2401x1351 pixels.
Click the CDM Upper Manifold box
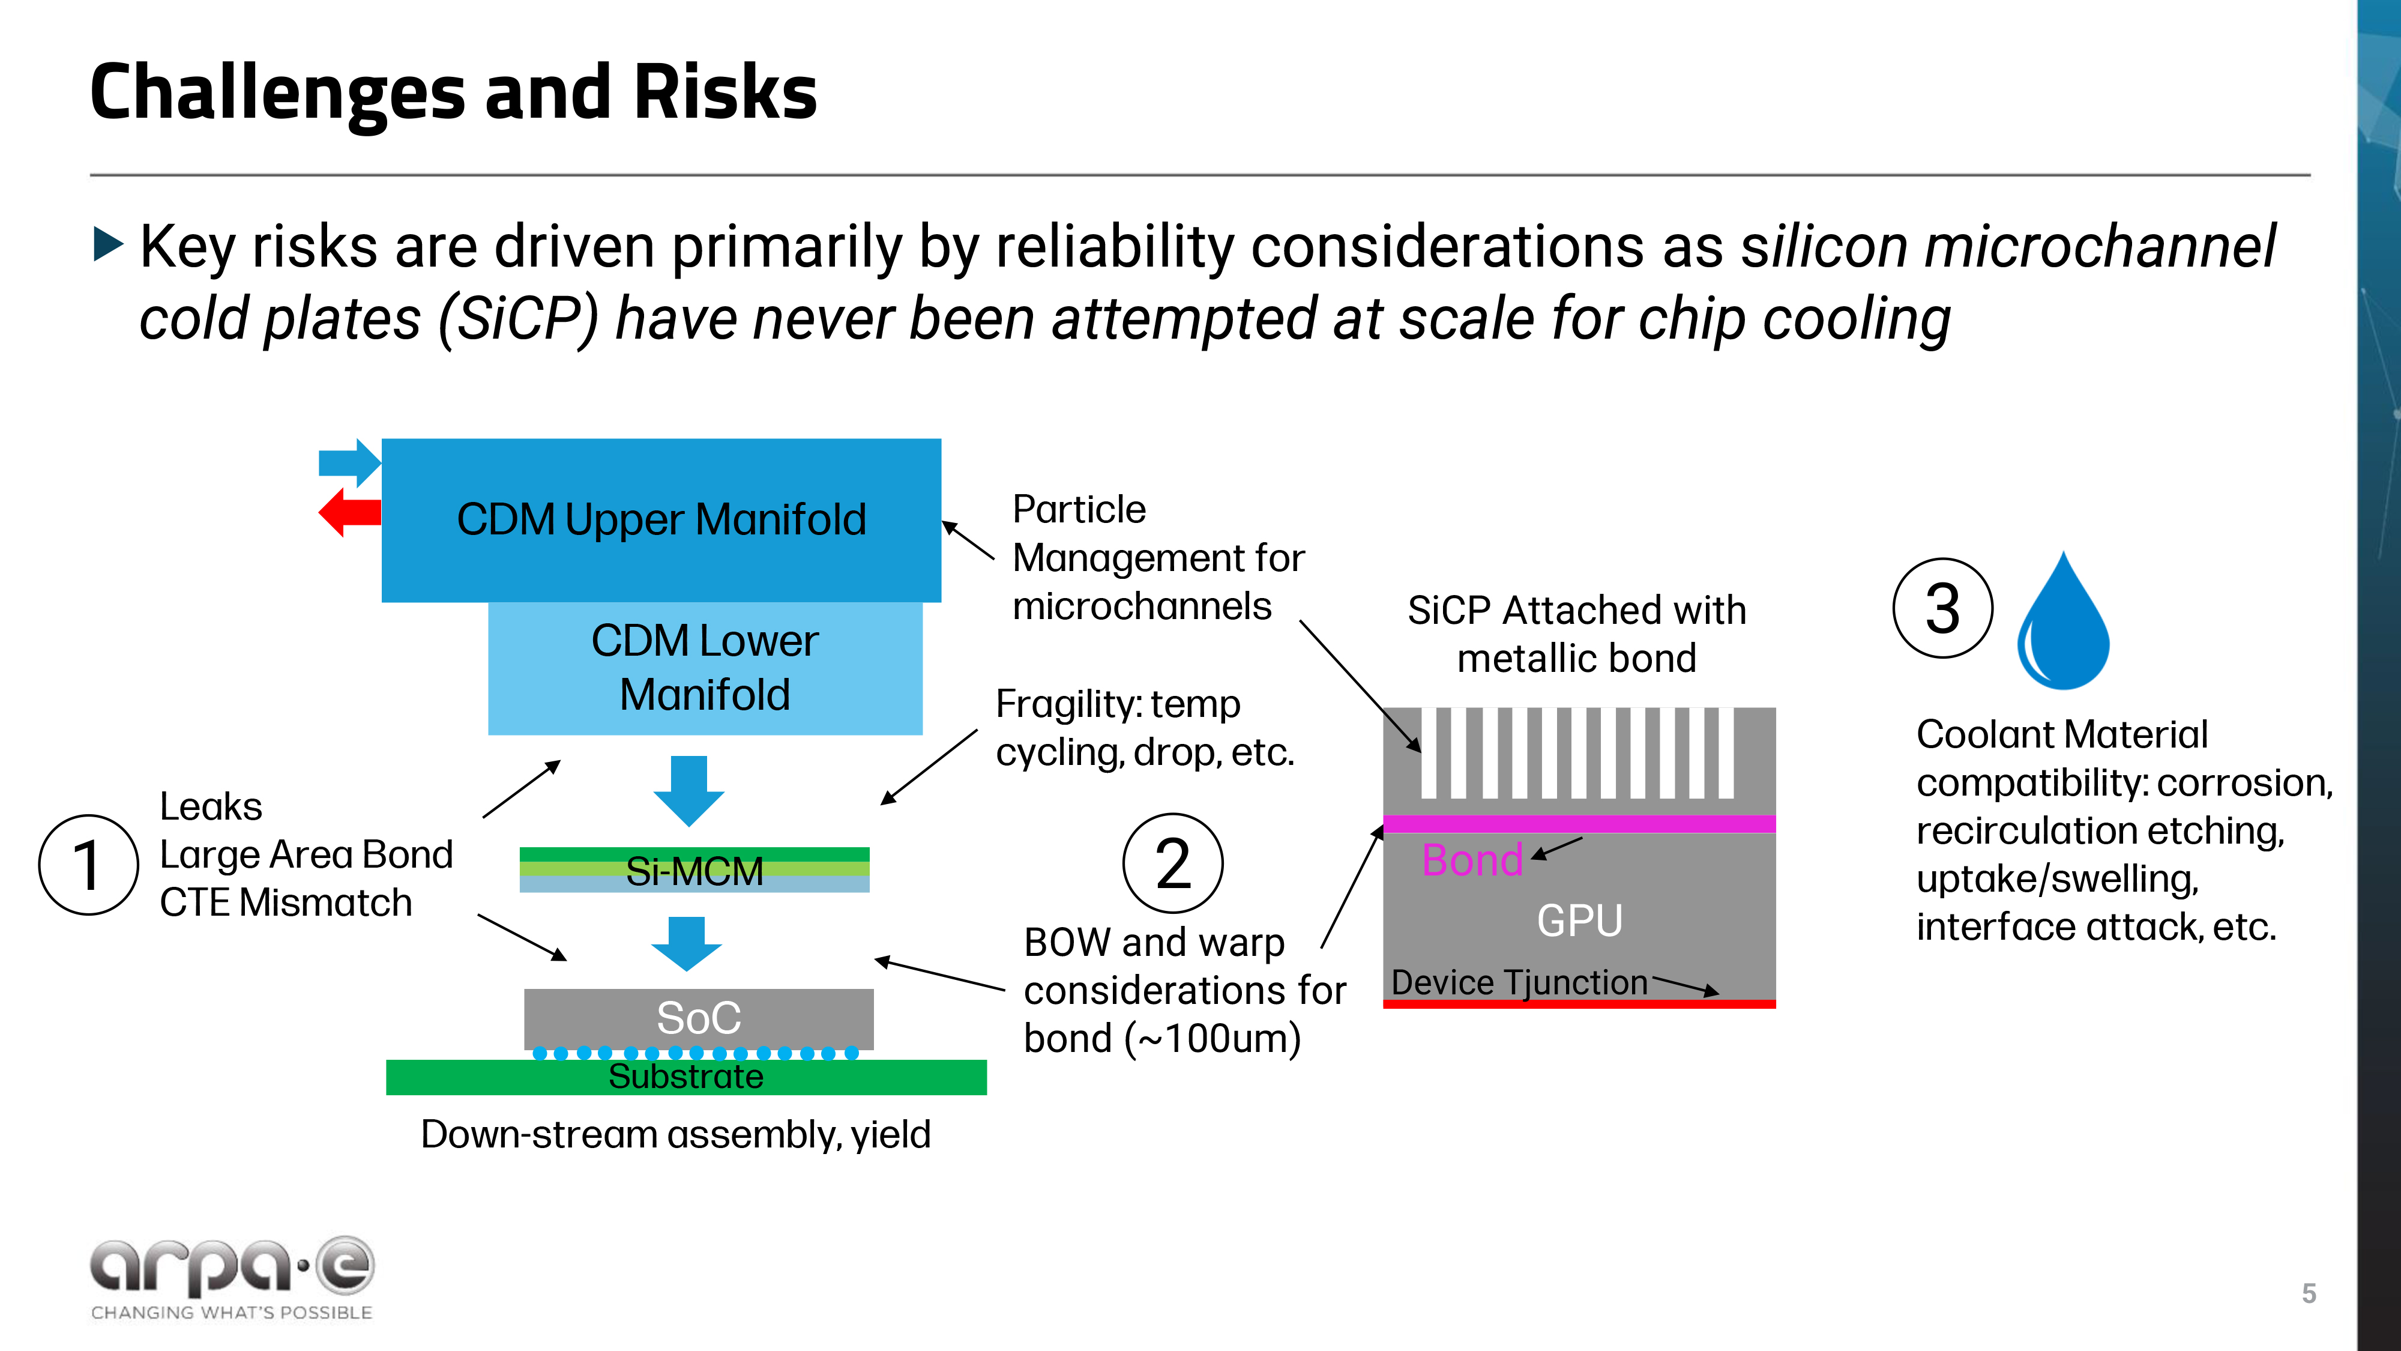[x=661, y=519]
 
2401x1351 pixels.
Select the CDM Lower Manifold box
[x=705, y=668]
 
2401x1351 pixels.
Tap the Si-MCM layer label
[x=694, y=871]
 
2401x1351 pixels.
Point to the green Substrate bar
[x=686, y=1077]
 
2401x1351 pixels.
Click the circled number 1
[x=89, y=864]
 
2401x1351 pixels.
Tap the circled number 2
[x=1172, y=863]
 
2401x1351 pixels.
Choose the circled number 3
[x=1942, y=608]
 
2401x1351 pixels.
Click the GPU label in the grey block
[x=1579, y=920]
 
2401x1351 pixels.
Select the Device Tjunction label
[x=1519, y=982]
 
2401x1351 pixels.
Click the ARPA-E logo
[x=232, y=1277]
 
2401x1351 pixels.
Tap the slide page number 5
[x=2308, y=1293]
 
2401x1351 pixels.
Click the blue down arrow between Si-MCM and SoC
[x=687, y=943]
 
